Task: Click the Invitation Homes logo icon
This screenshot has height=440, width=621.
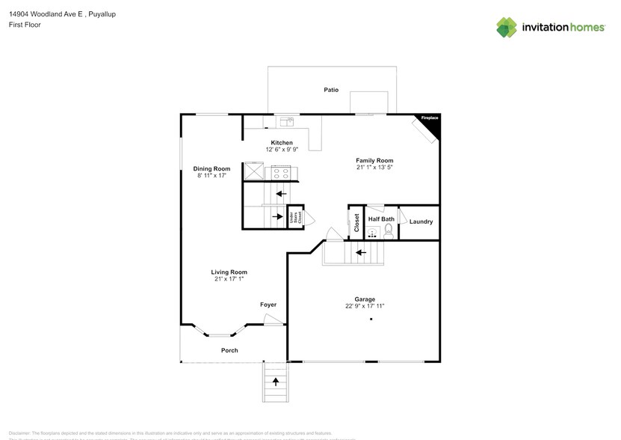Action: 507,27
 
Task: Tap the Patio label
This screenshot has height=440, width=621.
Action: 331,90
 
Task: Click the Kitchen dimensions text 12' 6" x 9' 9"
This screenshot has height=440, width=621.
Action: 282,150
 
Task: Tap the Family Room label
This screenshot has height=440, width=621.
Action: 374,161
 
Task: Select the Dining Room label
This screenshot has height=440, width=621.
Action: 211,169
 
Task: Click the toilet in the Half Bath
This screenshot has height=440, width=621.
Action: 388,230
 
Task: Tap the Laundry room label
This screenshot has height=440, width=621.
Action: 421,222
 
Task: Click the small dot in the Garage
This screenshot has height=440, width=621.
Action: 370,320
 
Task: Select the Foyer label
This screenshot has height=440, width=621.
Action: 268,305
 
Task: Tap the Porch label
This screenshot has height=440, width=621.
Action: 229,350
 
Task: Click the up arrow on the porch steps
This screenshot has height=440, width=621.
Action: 275,382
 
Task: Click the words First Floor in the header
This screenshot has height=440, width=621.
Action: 25,25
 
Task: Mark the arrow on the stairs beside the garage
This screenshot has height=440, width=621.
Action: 360,252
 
